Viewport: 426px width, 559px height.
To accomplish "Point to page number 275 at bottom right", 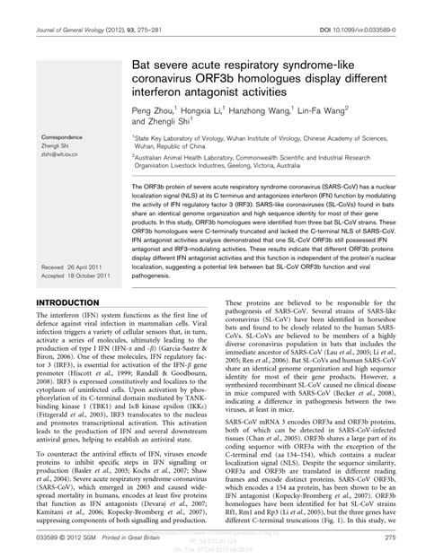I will pos(389,537).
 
